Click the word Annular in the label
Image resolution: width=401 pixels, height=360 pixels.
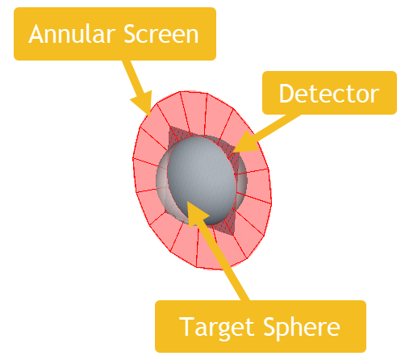(x=72, y=34)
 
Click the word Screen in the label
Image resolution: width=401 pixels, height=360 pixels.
(x=161, y=34)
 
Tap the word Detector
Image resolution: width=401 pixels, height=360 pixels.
(x=329, y=93)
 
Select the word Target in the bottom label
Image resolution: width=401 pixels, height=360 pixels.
(x=216, y=327)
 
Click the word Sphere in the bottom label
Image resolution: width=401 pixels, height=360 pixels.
(x=301, y=326)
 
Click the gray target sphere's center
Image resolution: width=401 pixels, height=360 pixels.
(x=203, y=180)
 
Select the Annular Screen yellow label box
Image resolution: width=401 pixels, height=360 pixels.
(x=115, y=34)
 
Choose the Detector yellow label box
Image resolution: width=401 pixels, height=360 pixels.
(x=329, y=93)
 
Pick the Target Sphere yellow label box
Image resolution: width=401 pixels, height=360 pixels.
(x=261, y=326)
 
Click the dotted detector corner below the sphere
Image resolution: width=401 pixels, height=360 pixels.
(x=233, y=235)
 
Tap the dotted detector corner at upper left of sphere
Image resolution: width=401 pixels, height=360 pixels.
(x=170, y=128)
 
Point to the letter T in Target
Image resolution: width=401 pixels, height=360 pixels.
(x=186, y=326)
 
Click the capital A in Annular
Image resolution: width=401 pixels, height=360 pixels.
(x=37, y=34)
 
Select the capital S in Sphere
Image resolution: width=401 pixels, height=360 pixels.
(x=269, y=326)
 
